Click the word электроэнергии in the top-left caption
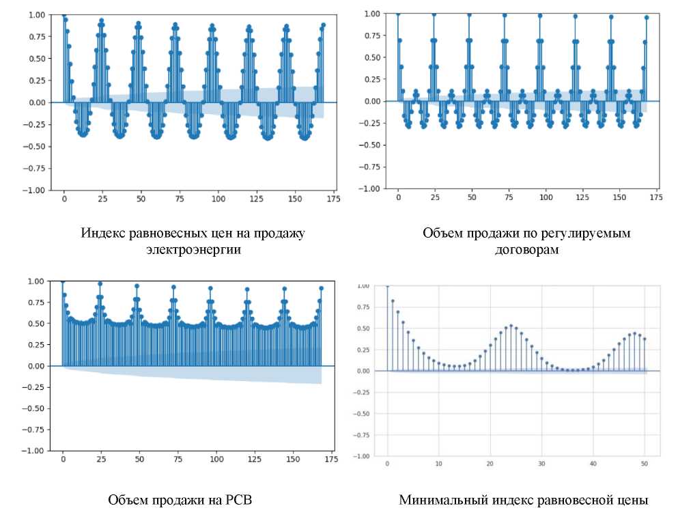click(193, 250)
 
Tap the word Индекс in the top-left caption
click(102, 234)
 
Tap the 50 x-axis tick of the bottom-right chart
click(644, 464)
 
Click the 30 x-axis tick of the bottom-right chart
click(541, 464)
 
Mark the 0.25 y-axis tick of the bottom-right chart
click(365, 350)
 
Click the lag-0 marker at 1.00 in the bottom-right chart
click(387, 285)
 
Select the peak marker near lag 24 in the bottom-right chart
click(511, 326)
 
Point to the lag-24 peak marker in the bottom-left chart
click(100, 283)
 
